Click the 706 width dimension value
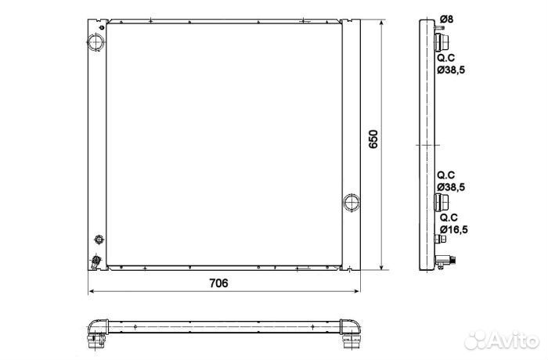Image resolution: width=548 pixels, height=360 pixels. tap(218, 283)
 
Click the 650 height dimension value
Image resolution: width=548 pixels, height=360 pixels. tap(373, 139)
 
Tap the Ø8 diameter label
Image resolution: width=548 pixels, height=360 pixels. tap(446, 19)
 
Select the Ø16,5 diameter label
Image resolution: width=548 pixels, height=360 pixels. tap(453, 229)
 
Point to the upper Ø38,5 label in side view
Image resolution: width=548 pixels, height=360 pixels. tap(451, 70)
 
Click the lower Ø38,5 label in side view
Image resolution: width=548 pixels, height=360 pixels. tap(451, 187)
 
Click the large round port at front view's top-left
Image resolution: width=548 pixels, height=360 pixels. tap(96, 42)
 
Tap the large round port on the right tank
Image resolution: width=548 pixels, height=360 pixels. tap(352, 203)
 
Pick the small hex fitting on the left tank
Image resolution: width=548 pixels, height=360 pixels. tap(99, 239)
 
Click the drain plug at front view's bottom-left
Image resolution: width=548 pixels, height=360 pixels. tap(96, 261)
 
